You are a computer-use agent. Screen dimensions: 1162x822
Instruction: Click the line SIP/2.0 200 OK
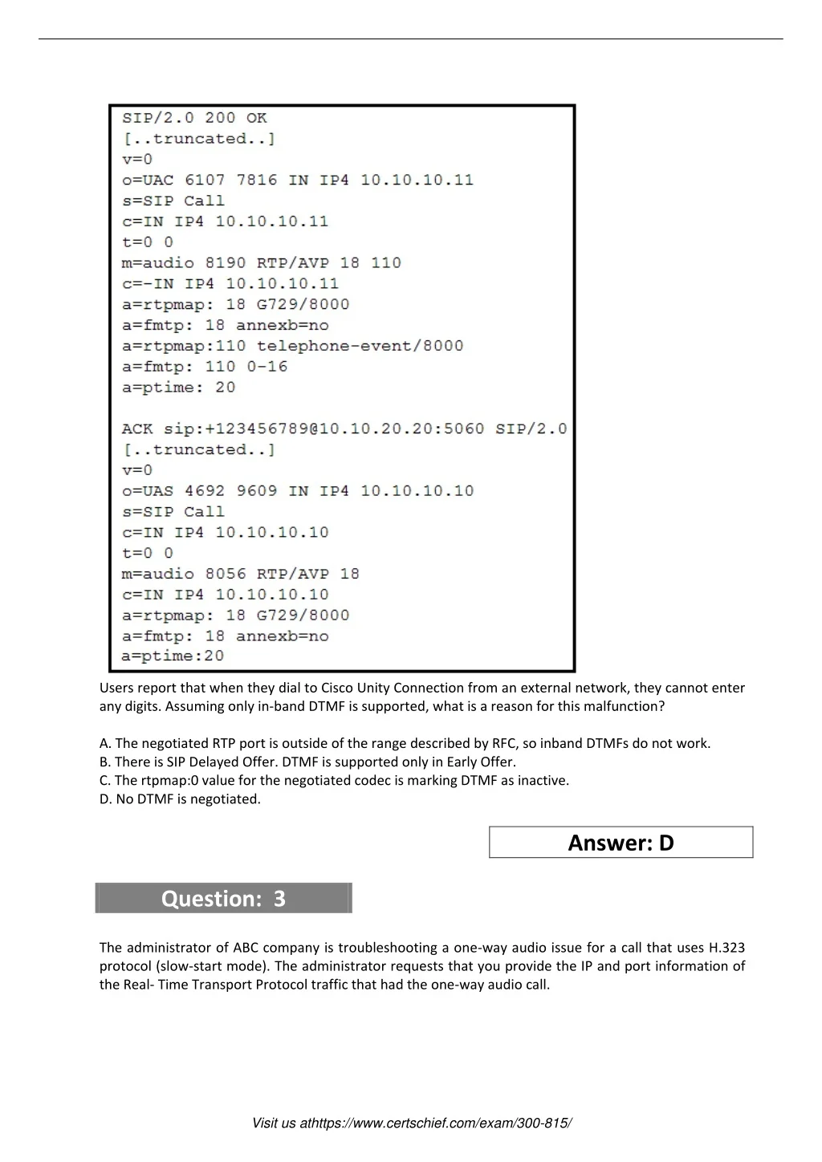point(194,118)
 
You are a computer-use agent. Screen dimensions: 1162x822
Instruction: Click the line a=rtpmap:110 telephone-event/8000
point(292,346)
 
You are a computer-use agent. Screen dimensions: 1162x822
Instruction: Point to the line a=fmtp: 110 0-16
point(204,367)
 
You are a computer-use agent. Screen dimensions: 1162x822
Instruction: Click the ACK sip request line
point(344,429)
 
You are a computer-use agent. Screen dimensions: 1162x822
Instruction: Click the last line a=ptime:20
point(173,656)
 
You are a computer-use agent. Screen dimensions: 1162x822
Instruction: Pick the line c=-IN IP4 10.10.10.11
point(230,283)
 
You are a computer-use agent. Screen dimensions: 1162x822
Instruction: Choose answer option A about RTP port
point(405,743)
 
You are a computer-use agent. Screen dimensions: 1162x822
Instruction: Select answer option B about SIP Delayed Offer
point(307,762)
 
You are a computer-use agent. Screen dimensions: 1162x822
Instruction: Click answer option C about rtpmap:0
point(334,780)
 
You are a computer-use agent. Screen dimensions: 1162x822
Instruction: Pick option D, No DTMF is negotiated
point(180,798)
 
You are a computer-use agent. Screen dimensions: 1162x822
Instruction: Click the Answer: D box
point(621,843)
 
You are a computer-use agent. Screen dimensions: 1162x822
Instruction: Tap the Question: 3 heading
point(223,898)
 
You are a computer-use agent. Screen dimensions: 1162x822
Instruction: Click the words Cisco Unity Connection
point(393,688)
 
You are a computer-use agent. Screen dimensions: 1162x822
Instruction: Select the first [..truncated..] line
point(198,139)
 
